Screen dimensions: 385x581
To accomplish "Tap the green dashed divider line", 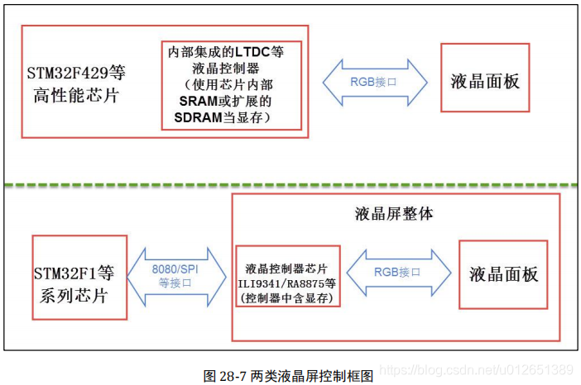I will (x=290, y=184).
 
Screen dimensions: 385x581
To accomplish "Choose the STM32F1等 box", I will (x=79, y=277).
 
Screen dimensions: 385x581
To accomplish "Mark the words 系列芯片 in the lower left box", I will (x=79, y=294).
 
